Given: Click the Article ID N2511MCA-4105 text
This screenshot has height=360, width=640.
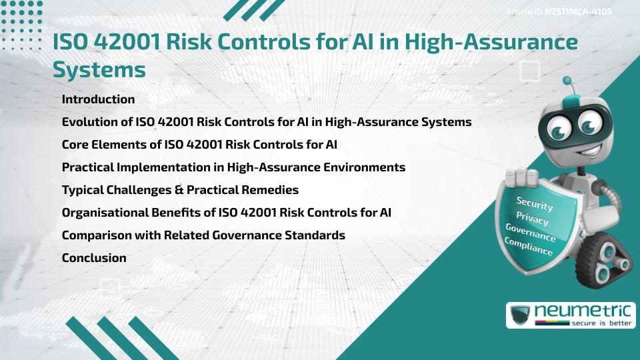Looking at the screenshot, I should [x=559, y=11].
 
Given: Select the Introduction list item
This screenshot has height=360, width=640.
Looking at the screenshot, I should [x=98, y=99].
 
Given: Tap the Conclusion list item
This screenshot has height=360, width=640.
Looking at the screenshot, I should [x=94, y=258].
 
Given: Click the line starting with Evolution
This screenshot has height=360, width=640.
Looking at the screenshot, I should [x=267, y=122].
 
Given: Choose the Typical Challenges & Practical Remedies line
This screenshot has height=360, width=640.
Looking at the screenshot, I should [x=180, y=190].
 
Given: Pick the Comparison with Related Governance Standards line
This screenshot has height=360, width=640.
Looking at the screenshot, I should [x=203, y=235].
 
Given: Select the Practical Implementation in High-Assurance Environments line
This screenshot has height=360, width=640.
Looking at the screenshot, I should [x=233, y=167].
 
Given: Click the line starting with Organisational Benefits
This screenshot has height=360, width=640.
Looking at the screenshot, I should [x=226, y=213].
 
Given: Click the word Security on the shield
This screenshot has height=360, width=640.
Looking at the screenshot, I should [x=534, y=204].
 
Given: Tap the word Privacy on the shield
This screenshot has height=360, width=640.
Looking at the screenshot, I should [x=532, y=219].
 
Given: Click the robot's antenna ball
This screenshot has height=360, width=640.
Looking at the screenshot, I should [x=568, y=81].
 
